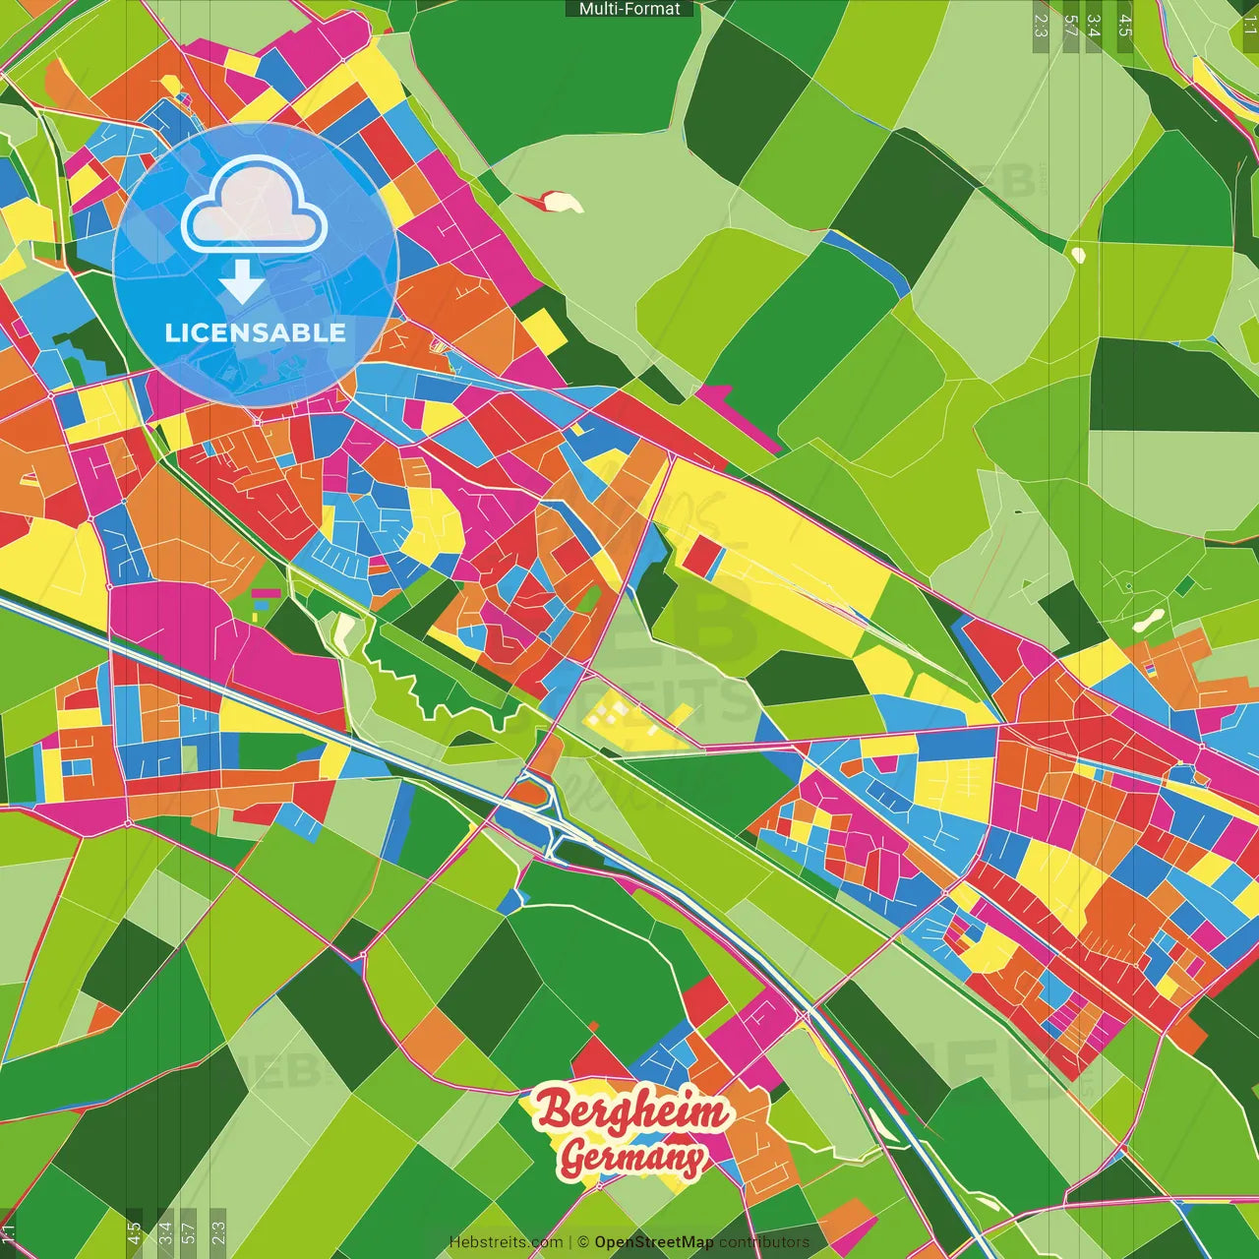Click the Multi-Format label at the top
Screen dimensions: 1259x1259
629,9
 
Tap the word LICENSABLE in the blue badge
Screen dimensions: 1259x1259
255,332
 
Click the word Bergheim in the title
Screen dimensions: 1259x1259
632,1110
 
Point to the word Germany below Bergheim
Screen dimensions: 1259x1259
631,1158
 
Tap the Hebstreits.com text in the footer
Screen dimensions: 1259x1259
506,1242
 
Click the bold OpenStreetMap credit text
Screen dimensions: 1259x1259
653,1242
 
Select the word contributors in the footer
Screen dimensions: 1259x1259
764,1242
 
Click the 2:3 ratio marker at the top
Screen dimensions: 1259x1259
1041,26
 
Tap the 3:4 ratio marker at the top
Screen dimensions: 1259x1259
1094,26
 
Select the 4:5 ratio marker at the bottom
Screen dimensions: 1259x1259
134,1233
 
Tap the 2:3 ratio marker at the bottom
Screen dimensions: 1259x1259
217,1233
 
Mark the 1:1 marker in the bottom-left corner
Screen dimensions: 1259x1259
8,1233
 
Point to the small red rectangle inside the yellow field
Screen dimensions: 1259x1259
701,556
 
